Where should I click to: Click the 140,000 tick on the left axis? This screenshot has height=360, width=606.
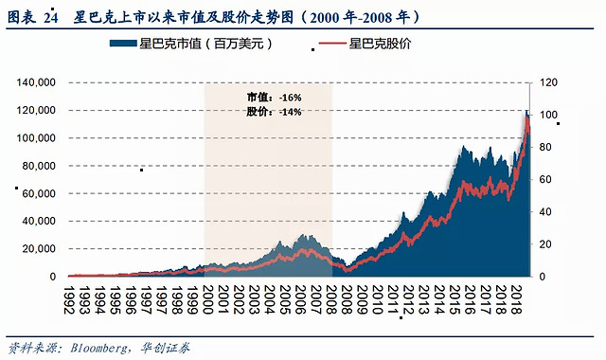[36, 82]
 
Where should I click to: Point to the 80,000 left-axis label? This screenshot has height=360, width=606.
[39, 166]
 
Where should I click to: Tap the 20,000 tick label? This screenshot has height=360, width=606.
[39, 249]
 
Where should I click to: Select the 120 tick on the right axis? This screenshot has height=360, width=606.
[548, 82]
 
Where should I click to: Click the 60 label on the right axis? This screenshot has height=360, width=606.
[545, 179]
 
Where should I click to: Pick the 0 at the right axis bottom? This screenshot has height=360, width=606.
[543, 277]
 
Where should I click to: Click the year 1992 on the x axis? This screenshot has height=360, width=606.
[69, 300]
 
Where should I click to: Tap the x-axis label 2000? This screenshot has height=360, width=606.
[208, 300]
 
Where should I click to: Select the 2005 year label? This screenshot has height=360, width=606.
[285, 300]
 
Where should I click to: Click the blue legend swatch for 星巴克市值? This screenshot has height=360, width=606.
[123, 44]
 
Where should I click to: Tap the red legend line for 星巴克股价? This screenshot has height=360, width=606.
[332, 44]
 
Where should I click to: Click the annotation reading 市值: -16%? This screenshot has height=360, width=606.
[274, 97]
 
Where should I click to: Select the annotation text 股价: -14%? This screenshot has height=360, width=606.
[274, 112]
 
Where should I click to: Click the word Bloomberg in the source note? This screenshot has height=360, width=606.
[98, 348]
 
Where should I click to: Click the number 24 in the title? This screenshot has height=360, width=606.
[50, 18]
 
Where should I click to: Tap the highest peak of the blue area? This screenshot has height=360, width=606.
[526, 110]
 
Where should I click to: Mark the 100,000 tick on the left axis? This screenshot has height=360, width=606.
[36, 138]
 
